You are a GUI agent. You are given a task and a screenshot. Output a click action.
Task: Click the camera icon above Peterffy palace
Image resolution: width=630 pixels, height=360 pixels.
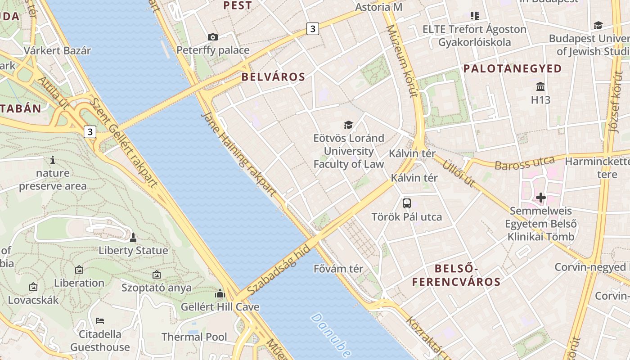pyautogui.click(x=213, y=37)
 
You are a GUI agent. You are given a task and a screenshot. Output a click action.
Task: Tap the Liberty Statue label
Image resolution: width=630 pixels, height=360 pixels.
pyautogui.click(x=133, y=251)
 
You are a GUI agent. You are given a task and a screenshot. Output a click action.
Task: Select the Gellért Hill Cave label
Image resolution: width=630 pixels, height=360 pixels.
pyautogui.click(x=220, y=307)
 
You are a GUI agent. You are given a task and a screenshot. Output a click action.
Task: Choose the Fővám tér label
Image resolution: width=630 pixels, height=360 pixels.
pyautogui.click(x=338, y=269)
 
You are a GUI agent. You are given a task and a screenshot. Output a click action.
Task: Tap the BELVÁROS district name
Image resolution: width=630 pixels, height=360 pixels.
pyautogui.click(x=273, y=77)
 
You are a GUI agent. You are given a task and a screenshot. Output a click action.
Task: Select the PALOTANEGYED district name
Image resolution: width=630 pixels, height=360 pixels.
pyautogui.click(x=513, y=69)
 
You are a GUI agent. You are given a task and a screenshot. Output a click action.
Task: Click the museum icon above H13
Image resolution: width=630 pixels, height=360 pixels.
pyautogui.click(x=540, y=86)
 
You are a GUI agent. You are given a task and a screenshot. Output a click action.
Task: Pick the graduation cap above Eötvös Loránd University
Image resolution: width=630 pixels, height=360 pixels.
pyautogui.click(x=348, y=125)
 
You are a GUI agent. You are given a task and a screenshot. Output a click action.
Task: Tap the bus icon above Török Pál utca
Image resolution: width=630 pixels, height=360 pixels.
pyautogui.click(x=407, y=203)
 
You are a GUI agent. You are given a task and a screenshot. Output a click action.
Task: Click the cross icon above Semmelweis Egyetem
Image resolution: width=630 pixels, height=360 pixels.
pyautogui.click(x=540, y=197)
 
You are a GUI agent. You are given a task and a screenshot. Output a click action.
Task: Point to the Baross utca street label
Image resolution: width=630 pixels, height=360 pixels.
pyautogui.click(x=524, y=163)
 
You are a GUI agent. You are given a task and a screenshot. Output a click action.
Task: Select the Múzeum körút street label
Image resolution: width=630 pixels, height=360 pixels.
pyautogui.click(x=403, y=61)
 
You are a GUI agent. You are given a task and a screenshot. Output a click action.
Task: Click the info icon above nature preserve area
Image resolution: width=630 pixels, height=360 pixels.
pyautogui.click(x=53, y=159)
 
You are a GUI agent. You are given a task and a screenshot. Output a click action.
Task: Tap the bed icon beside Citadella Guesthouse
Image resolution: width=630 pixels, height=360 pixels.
pyautogui.click(x=100, y=320)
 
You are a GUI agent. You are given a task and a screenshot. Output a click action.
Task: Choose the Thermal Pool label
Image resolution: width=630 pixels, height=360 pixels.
pyautogui.click(x=194, y=337)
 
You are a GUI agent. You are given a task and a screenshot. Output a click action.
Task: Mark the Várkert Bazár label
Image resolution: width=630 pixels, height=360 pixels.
pyautogui.click(x=57, y=50)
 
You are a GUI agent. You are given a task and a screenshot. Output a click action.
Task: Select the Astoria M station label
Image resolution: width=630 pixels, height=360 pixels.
pyautogui.click(x=378, y=7)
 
